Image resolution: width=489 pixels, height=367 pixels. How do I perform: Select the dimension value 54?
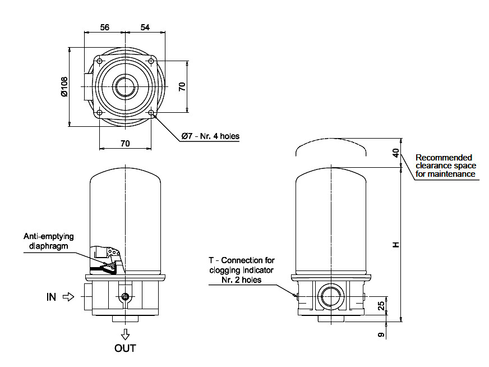pyautogui.click(x=145, y=27)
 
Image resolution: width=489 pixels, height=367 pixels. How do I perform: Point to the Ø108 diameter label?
pyautogui.click(x=64, y=86)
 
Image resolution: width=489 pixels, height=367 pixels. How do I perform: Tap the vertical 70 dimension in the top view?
pyautogui.click(x=181, y=86)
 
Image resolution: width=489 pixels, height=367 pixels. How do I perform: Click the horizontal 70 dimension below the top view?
pyautogui.click(x=125, y=144)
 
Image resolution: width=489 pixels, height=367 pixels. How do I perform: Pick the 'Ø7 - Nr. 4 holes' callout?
pyautogui.click(x=210, y=136)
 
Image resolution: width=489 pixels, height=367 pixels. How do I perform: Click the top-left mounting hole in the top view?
pyautogui.click(x=99, y=61)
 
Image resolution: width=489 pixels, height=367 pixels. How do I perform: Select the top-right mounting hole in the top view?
pyautogui.click(x=152, y=61)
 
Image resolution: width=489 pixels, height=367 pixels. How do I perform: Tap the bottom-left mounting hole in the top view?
pyautogui.click(x=99, y=113)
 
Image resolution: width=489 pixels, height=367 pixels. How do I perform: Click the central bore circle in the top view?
pyautogui.click(x=125, y=87)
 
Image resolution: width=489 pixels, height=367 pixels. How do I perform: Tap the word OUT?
pyautogui.click(x=125, y=348)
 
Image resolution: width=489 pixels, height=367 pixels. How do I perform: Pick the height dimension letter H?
pyautogui.click(x=396, y=245)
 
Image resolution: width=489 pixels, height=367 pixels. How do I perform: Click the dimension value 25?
pyautogui.click(x=381, y=306)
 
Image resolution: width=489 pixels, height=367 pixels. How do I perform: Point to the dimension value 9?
pyautogui.click(x=381, y=335)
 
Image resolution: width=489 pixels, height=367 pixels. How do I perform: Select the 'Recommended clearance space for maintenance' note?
pyautogui.click(x=445, y=166)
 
